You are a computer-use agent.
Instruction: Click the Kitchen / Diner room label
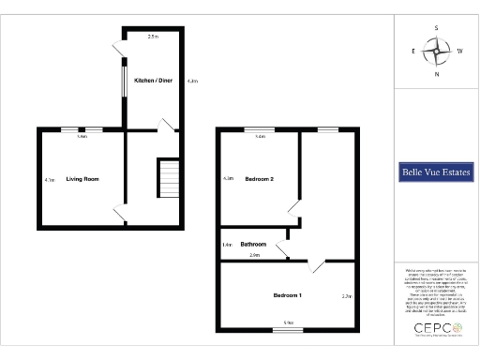coord(153,81)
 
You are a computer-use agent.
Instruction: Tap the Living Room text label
coord(82,178)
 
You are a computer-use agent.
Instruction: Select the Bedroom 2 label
coord(259,178)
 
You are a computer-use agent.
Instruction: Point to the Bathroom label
coord(253,244)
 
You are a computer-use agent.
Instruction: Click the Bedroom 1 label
coord(288,295)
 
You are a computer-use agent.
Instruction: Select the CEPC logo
coord(435,328)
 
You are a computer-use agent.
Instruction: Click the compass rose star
coord(436,51)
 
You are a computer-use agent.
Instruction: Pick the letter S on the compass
coord(436,29)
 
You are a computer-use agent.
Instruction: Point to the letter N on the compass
coord(436,73)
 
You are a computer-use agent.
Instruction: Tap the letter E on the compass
coord(413,52)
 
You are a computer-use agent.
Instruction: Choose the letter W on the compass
coord(458,52)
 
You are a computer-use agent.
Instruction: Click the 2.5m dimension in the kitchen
coord(153,37)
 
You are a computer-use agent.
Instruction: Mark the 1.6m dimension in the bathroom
coord(227,245)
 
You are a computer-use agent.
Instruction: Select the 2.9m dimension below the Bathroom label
coord(254,255)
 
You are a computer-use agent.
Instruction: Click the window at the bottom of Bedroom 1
coord(289,330)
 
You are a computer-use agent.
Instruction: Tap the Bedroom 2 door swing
coord(294,207)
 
